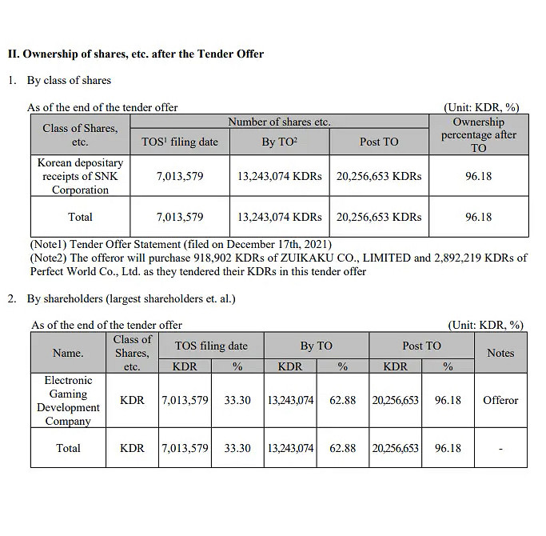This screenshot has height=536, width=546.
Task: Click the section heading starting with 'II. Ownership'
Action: point(135,54)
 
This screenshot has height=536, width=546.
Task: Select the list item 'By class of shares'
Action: point(69,80)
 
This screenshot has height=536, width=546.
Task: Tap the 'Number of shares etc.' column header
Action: point(279,122)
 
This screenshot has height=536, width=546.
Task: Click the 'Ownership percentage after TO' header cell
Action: point(478,134)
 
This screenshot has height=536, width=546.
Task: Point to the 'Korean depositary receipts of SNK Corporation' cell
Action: point(80,176)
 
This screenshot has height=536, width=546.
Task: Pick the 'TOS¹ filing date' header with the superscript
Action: point(179,142)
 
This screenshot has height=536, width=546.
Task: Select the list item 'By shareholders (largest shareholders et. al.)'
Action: point(131,299)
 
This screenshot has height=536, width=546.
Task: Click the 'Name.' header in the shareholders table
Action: point(68,353)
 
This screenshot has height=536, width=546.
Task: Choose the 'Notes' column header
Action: point(500,353)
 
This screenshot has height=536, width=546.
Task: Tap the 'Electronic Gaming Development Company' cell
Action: point(68,400)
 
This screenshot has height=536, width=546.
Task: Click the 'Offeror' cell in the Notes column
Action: point(500,400)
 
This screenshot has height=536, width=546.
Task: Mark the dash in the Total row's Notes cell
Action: point(500,448)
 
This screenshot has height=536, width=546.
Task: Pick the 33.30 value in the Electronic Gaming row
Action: point(237,400)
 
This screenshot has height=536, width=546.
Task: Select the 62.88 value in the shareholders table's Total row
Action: point(342,448)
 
